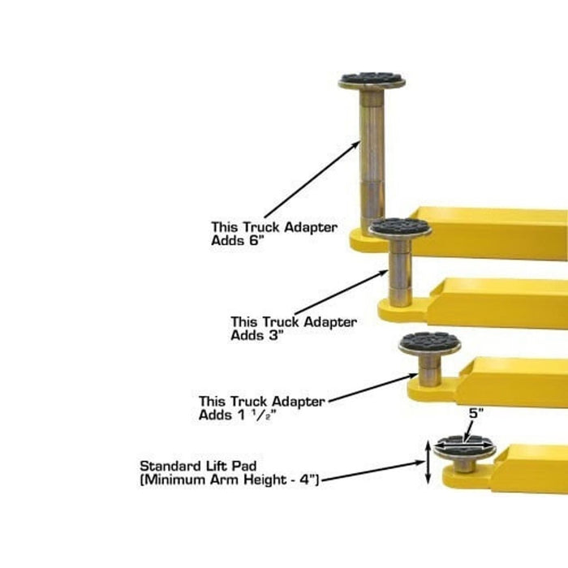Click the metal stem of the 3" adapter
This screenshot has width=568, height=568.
point(400,272)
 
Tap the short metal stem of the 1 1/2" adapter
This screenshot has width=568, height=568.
point(429,368)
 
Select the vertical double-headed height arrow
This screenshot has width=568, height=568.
point(428,463)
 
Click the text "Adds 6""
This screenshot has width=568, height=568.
point(236,240)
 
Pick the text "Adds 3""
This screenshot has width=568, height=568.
point(256,335)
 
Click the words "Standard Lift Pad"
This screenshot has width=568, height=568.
point(198,466)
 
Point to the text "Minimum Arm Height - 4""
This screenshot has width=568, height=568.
point(230,480)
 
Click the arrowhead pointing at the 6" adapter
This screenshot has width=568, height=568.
point(356,144)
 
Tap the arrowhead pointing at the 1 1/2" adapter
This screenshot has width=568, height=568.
point(413,376)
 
